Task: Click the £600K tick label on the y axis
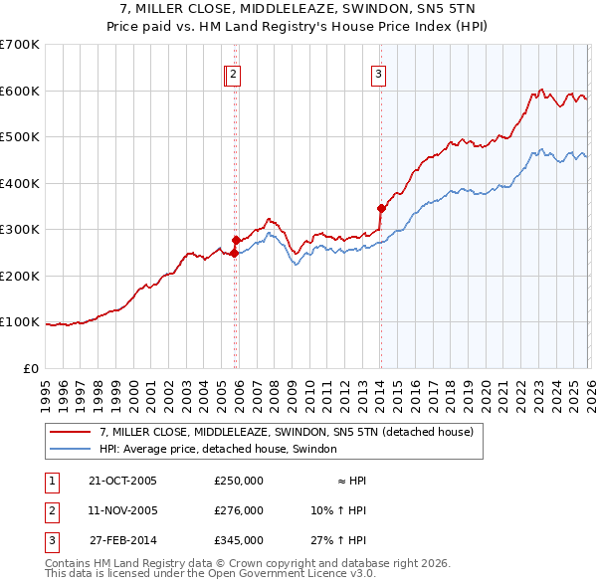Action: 19,91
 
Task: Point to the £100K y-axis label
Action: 19,322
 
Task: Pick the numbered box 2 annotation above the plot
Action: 233,73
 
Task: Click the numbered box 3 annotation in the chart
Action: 379,73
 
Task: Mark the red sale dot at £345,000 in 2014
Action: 381,208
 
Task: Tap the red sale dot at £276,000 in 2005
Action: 236,240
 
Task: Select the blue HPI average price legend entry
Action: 218,449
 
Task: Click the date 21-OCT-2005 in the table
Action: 122,480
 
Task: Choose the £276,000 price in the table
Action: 239,510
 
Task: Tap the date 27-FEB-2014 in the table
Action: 122,541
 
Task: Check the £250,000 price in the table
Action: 239,480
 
